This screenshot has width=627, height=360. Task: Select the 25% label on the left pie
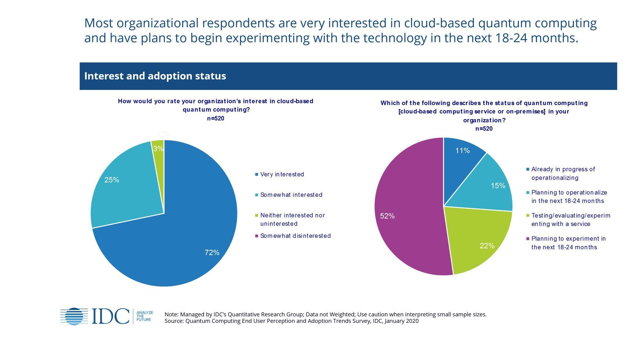(x=112, y=180)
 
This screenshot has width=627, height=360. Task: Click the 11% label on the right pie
(x=462, y=151)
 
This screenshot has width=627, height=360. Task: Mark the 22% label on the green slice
(x=487, y=246)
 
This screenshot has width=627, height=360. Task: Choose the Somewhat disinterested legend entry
(x=295, y=236)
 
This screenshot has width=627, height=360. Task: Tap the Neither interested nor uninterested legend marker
(x=257, y=215)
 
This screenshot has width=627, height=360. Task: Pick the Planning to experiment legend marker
(x=528, y=239)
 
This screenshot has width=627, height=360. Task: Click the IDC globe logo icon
(x=74, y=316)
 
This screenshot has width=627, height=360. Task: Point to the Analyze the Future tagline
(x=144, y=316)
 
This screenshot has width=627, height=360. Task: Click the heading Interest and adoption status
(x=155, y=76)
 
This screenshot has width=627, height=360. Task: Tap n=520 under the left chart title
(x=216, y=119)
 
